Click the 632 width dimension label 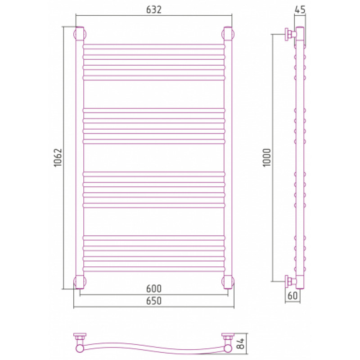click(154, 9)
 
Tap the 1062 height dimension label click(58, 157)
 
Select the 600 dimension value click(154, 288)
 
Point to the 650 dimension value click(154, 301)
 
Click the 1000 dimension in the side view click(267, 157)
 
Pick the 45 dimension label click(300, 9)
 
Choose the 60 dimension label click(292, 296)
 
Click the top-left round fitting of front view click(80, 34)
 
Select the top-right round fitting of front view click(228, 34)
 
